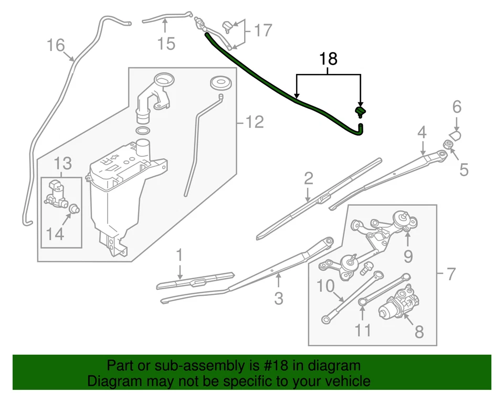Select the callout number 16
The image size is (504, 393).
(55, 45)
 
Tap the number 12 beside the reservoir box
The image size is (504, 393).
(254, 122)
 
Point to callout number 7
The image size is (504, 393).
(450, 273)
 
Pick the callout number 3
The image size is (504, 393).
(279, 298)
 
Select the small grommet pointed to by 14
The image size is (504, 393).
(74, 208)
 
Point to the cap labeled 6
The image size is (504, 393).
(455, 135)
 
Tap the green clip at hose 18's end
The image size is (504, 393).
(361, 111)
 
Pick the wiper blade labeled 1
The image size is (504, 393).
(195, 280)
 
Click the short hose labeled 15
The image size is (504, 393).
(161, 20)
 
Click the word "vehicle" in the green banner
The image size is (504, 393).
(344, 381)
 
